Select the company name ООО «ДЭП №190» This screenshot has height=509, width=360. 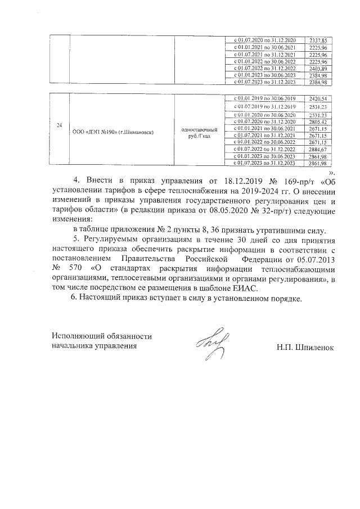[113, 132]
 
